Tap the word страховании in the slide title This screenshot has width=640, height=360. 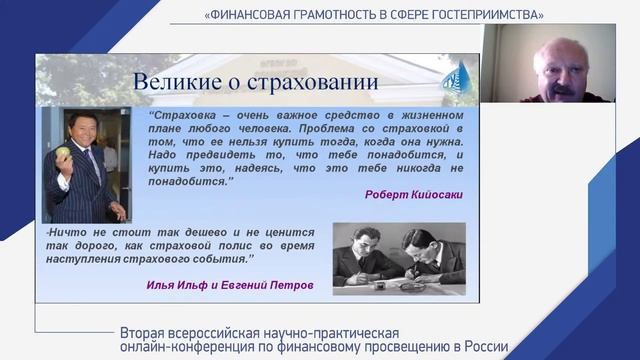(300, 81)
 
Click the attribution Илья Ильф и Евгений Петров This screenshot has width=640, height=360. (229, 285)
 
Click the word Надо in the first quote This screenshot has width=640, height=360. (164, 155)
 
